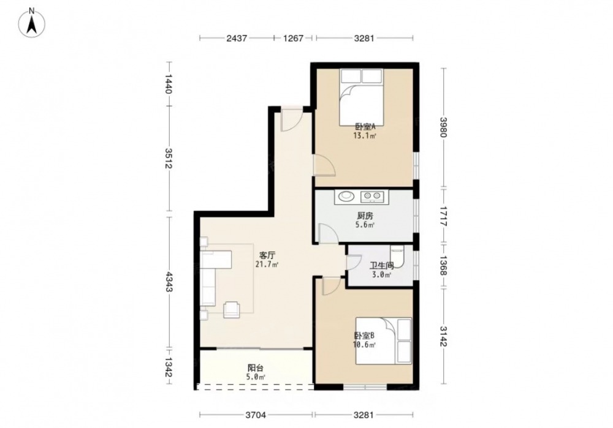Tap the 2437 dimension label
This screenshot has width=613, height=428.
coord(237,39)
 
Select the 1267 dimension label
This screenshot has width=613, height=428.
coord(293,39)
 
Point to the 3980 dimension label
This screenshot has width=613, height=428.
coord(443,127)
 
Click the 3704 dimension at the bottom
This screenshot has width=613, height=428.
coord(256,415)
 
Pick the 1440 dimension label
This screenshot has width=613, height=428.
coord(169,84)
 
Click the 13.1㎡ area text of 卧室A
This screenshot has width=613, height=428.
coord(365,137)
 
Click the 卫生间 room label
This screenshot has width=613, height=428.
coord(381,266)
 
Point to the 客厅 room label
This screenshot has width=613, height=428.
coord(267,255)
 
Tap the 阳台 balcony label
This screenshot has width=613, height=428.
coord(256,368)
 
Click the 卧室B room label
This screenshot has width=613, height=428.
coord(364,336)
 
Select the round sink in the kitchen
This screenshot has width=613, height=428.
coord(345,196)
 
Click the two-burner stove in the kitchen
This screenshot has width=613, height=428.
coord(372,196)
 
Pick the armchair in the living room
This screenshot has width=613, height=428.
coord(232,310)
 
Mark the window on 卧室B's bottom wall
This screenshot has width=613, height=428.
coord(365,387)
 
